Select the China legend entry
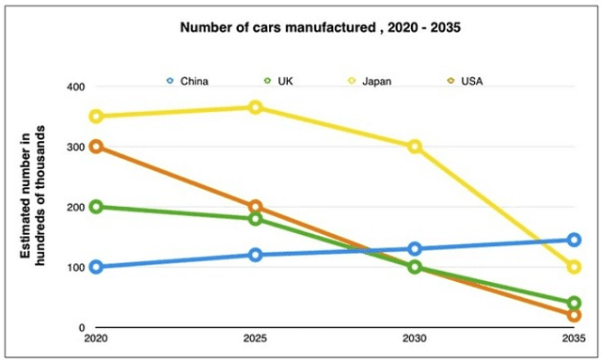tap(192, 81)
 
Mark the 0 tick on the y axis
tap(81, 327)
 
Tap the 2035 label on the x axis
tap(573, 338)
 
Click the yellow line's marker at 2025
tap(255, 107)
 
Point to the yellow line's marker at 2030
tap(414, 147)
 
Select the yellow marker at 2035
tap(574, 267)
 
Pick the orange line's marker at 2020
tap(96, 147)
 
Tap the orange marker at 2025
tap(255, 207)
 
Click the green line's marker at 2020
tap(96, 207)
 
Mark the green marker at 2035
tap(574, 304)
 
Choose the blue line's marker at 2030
tap(414, 249)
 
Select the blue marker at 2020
tap(96, 267)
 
